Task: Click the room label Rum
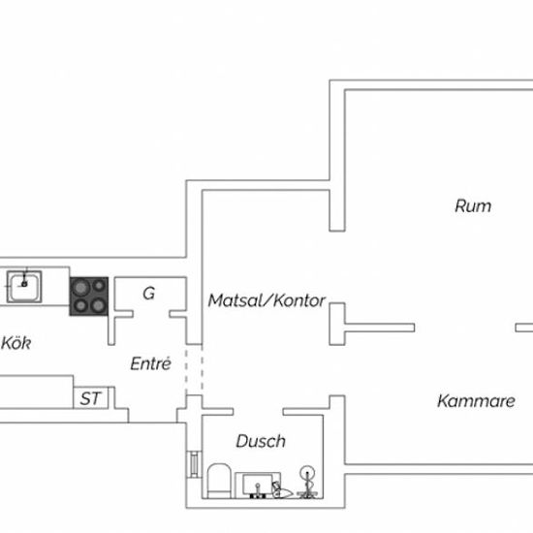(473, 206)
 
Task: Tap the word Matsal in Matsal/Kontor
(235, 300)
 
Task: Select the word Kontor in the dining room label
(299, 300)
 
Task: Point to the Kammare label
(476, 401)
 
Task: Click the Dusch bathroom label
(261, 441)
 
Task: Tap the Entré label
(150, 363)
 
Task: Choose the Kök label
(16, 343)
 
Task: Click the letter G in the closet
(149, 294)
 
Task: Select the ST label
(90, 398)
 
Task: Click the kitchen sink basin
(24, 287)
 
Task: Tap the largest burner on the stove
(80, 288)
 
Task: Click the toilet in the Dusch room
(219, 481)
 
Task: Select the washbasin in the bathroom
(258, 486)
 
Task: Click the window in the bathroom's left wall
(194, 464)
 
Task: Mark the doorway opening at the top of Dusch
(258, 412)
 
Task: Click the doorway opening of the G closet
(151, 314)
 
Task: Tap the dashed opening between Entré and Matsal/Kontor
(194, 370)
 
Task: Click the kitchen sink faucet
(24, 279)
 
